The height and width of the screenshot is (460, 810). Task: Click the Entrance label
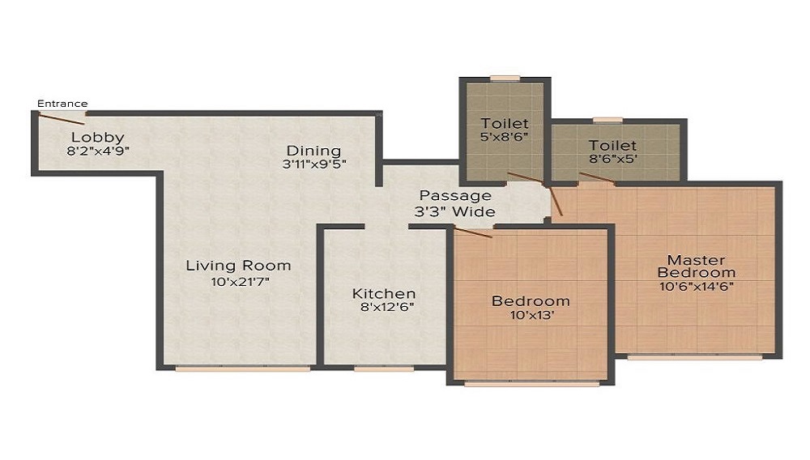click(x=62, y=104)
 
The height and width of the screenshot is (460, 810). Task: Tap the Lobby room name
click(x=98, y=138)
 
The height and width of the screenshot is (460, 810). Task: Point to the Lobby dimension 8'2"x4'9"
click(x=98, y=151)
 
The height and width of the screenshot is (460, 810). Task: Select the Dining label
click(x=313, y=151)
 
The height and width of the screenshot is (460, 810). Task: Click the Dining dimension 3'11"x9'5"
click(x=314, y=164)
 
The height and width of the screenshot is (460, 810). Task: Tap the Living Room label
click(x=239, y=266)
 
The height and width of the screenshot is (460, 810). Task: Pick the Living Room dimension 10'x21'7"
click(x=241, y=282)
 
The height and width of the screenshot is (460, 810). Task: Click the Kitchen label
click(x=384, y=294)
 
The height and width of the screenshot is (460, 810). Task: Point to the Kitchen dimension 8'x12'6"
click(x=387, y=307)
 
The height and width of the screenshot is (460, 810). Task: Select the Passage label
click(x=455, y=196)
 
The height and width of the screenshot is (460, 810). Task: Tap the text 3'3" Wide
click(x=454, y=211)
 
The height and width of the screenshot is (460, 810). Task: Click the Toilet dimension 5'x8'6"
click(x=504, y=137)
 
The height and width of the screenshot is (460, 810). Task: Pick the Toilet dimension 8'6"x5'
click(x=612, y=159)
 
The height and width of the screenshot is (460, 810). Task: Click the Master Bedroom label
click(x=697, y=266)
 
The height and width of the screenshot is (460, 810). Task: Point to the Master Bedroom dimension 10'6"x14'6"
click(x=697, y=286)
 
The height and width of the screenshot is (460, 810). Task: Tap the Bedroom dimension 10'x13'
click(x=532, y=315)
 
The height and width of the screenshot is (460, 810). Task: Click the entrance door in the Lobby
click(x=62, y=119)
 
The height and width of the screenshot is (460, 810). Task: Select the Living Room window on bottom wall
click(x=243, y=368)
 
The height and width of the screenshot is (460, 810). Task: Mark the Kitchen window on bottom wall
click(x=384, y=368)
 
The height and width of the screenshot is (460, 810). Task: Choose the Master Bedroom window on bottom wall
click(x=695, y=357)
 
